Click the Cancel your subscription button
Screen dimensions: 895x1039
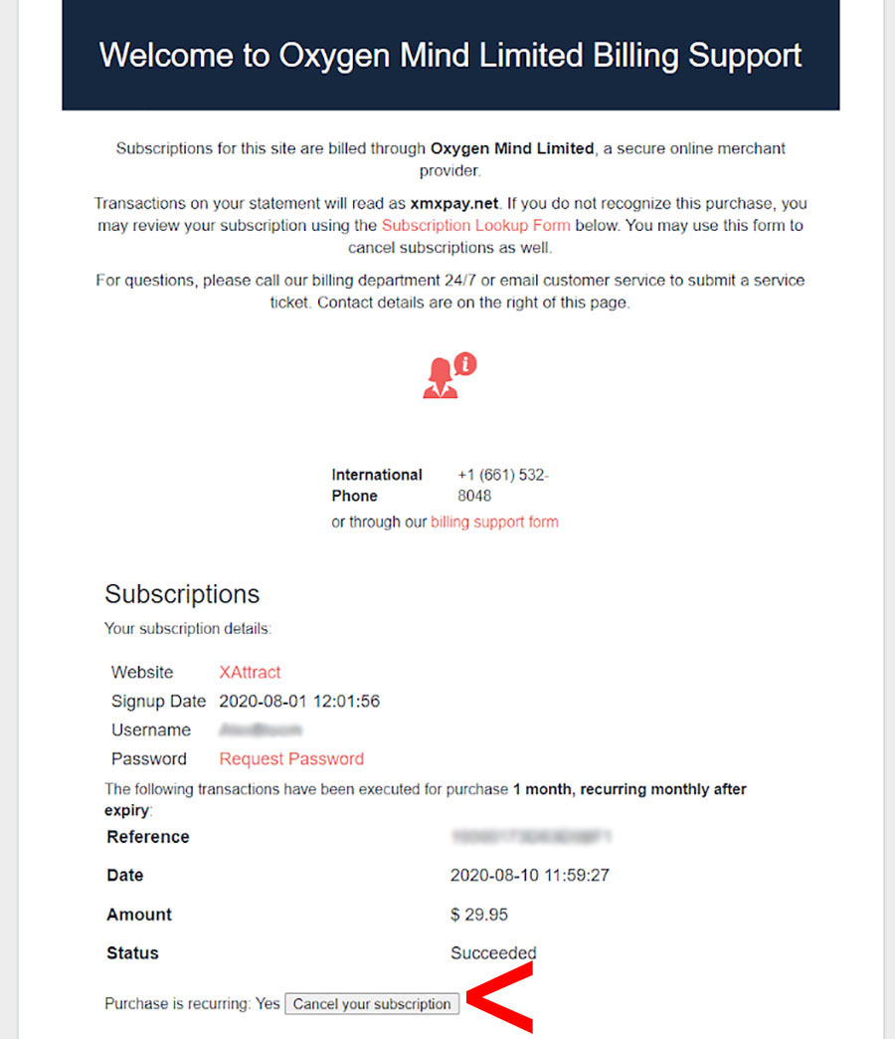[372, 1004]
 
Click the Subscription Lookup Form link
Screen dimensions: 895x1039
[475, 226]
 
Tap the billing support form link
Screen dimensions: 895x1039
[494, 521]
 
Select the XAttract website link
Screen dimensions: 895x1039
[250, 673]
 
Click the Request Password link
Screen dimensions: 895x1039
[291, 759]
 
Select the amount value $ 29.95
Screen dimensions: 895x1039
[479, 915]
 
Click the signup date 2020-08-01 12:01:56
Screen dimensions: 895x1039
[299, 702]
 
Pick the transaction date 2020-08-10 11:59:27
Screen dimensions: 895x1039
[530, 876]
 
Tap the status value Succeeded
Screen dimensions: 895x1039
[493, 953]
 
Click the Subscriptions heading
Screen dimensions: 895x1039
[182, 594]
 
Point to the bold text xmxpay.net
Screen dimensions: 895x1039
[454, 204]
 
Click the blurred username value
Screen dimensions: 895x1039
[262, 730]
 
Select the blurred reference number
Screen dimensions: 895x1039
[529, 837]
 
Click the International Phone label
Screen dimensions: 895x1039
[377, 485]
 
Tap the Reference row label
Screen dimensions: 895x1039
[148, 837]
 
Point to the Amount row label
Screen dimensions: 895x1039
[139, 915]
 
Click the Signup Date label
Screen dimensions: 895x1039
[158, 702]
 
